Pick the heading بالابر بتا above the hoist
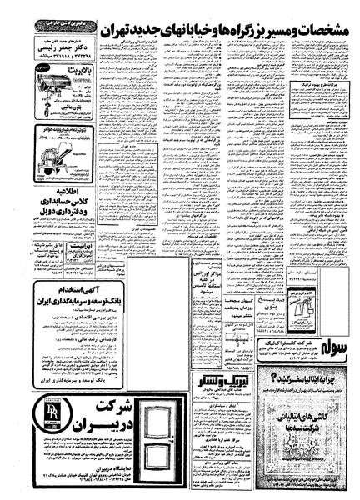tap(58, 73)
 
